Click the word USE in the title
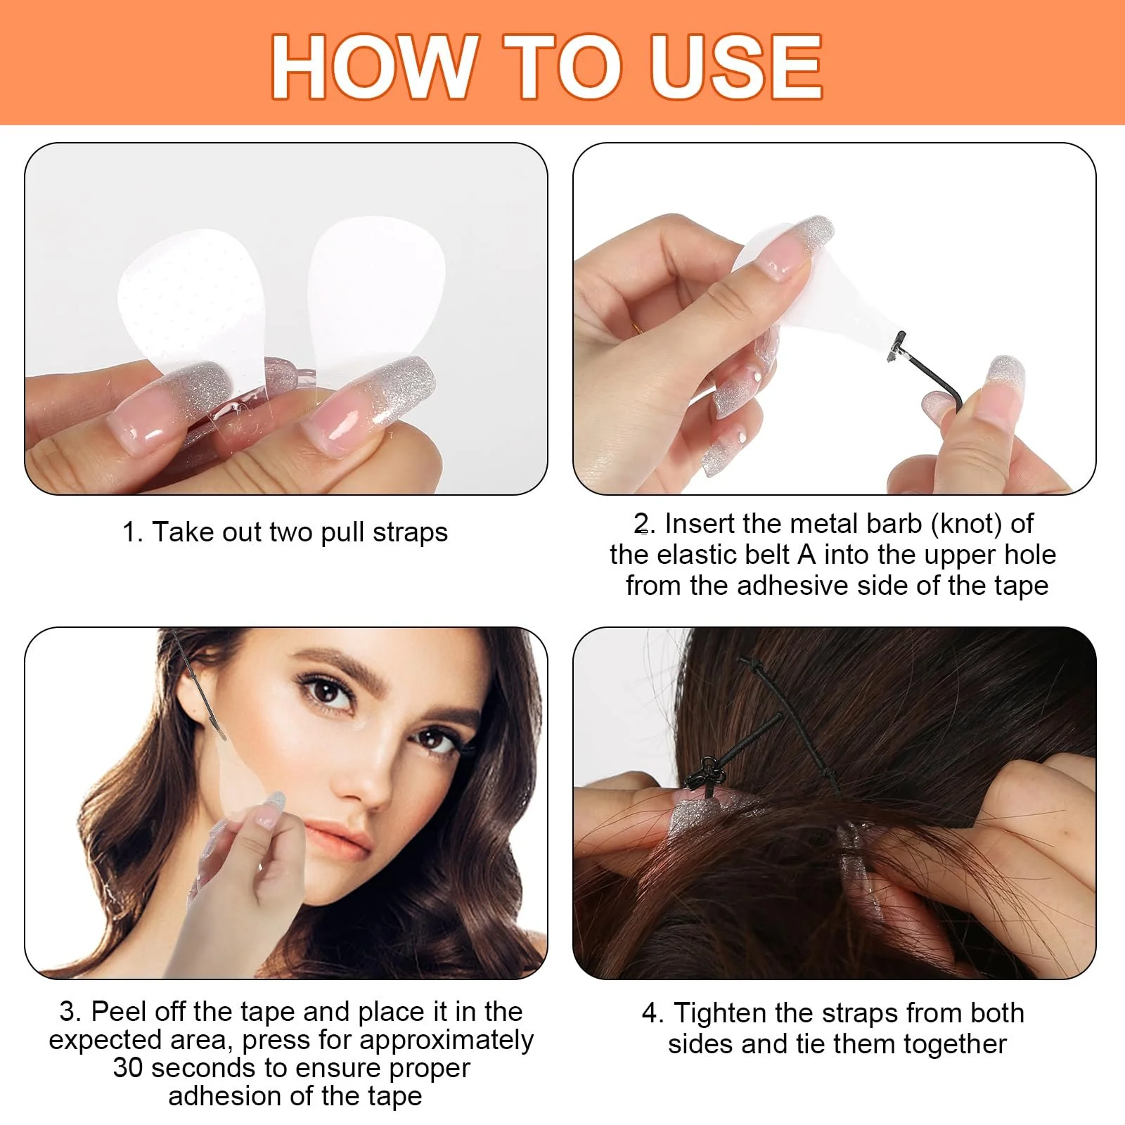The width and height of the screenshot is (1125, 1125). click(735, 67)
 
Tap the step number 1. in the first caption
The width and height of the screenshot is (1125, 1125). click(133, 532)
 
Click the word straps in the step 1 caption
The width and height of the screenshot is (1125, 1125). click(410, 533)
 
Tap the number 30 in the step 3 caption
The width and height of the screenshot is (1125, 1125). click(128, 1067)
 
